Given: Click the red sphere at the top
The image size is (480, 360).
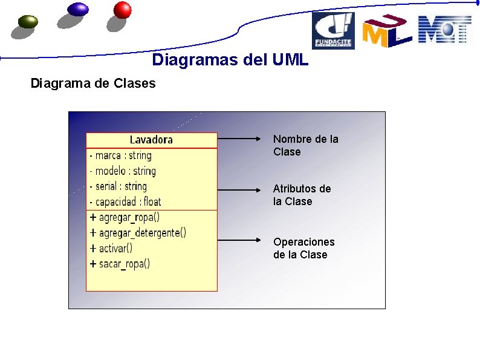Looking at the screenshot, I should pyautogui.click(x=122, y=10).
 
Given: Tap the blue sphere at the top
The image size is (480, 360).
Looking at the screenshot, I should pyautogui.click(x=78, y=9).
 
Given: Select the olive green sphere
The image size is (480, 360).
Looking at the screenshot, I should pyautogui.click(x=28, y=22).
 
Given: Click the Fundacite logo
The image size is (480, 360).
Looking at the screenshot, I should pyautogui.click(x=333, y=31).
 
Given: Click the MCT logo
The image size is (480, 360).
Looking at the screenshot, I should pyautogui.click(x=444, y=30).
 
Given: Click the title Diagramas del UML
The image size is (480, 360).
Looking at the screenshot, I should pyautogui.click(x=230, y=60).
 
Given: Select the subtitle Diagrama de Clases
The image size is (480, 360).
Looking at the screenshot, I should pyautogui.click(x=93, y=83).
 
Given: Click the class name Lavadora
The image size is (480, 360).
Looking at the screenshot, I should pyautogui.click(x=151, y=140).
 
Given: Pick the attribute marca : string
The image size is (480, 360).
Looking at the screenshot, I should pyautogui.click(x=120, y=155).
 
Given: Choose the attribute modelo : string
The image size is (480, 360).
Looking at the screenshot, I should pyautogui.click(x=122, y=171).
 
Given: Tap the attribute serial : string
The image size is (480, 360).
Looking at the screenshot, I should pyautogui.click(x=118, y=186).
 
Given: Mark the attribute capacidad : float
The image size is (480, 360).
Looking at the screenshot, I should pyautogui.click(x=125, y=201).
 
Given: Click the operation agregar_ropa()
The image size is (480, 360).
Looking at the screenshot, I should pyautogui.click(x=125, y=217).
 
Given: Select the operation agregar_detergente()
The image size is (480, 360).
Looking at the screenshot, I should pyautogui.click(x=138, y=232).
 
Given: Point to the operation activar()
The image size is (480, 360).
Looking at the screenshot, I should pyautogui.click(x=111, y=248).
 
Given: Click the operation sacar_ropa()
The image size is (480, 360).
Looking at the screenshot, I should pyautogui.click(x=120, y=264).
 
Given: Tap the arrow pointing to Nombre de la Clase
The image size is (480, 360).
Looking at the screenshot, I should pyautogui.click(x=242, y=139).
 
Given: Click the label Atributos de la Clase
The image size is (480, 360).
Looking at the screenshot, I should pyautogui.click(x=302, y=195).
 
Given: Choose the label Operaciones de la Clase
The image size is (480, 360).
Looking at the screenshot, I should pyautogui.click(x=303, y=248).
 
